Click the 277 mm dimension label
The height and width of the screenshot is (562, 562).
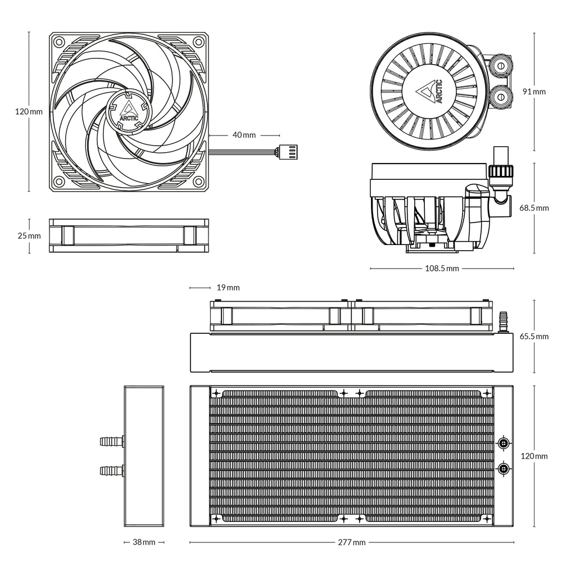point(352,542)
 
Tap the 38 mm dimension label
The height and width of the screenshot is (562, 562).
point(144,542)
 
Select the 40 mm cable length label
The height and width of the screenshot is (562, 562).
point(244,135)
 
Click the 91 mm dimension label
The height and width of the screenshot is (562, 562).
point(534,91)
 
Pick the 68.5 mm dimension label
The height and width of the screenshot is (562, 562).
point(534,208)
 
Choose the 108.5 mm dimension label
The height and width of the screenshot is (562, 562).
point(441,269)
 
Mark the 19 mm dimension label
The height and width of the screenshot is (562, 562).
point(228,288)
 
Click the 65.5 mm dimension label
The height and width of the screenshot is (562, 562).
point(534,337)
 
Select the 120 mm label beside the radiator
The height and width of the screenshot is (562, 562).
point(534,456)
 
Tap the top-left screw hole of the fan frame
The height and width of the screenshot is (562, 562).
point(58,42)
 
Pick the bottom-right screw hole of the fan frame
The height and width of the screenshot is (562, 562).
point(198,182)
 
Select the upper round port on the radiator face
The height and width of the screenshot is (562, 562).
point(504,444)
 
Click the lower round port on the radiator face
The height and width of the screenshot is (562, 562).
point(504,468)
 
